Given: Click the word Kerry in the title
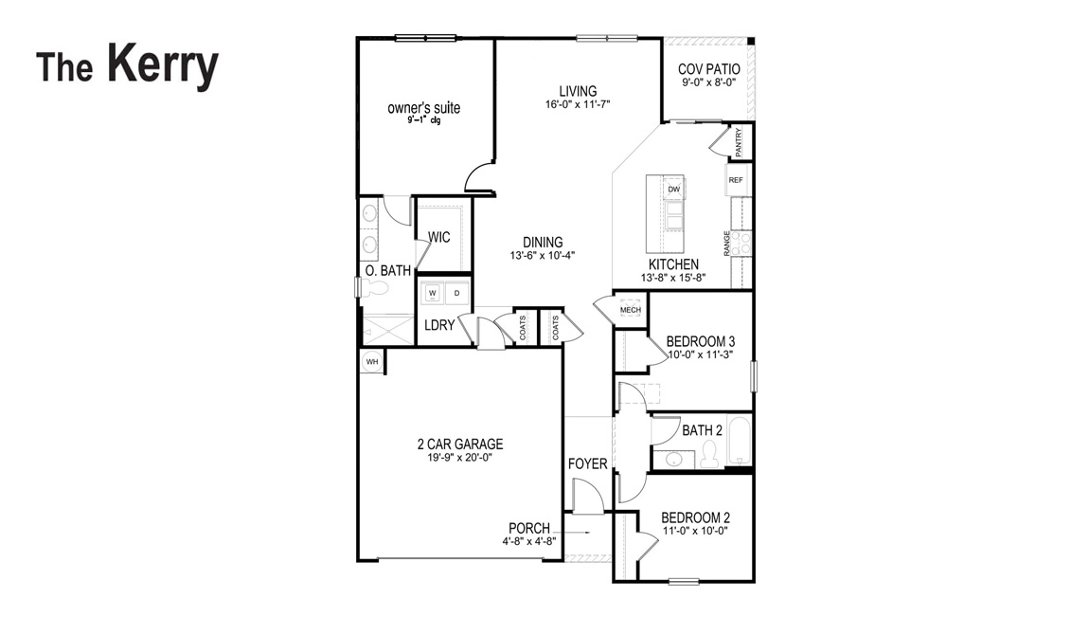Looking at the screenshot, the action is (x=163, y=65).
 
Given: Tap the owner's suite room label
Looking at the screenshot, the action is (x=423, y=108).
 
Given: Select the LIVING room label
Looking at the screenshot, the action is (x=578, y=91).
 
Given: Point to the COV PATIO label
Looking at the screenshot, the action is (x=708, y=69).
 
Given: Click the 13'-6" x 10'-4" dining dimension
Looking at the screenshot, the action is (x=543, y=255).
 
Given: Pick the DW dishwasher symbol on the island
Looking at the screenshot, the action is (x=673, y=189).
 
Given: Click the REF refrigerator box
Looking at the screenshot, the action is (x=736, y=180).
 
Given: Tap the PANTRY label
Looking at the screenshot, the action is (x=739, y=142).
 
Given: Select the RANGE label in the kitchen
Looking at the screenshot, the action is (x=726, y=244).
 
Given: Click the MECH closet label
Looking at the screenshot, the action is (x=631, y=310).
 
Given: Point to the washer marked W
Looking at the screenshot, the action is (x=432, y=293).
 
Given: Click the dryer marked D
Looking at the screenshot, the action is (x=457, y=293).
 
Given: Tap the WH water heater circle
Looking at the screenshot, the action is (x=372, y=362).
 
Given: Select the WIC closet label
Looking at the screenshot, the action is (x=439, y=237).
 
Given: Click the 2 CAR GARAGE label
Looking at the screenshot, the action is (x=460, y=444).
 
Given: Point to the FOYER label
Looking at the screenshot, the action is (x=587, y=463).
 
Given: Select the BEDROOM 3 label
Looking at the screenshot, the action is (x=700, y=341).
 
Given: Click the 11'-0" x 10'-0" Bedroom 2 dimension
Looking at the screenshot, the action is (x=695, y=530).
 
